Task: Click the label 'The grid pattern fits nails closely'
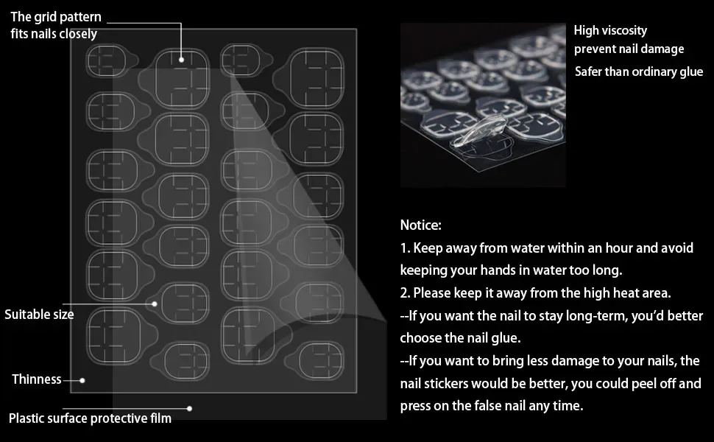tap(55, 25)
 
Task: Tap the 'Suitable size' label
tap(39, 315)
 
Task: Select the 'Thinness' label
tap(36, 379)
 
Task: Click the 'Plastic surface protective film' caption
tap(90, 418)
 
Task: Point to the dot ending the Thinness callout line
tap(82, 380)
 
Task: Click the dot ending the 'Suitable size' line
tap(155, 304)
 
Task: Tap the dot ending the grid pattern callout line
tap(181, 60)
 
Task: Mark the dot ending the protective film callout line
tap(189, 409)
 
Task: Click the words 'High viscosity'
tap(610, 30)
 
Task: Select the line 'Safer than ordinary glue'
tap(639, 71)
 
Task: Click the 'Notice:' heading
tap(421, 225)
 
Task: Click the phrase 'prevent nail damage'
tap(629, 49)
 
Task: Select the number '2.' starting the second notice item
tap(406, 292)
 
